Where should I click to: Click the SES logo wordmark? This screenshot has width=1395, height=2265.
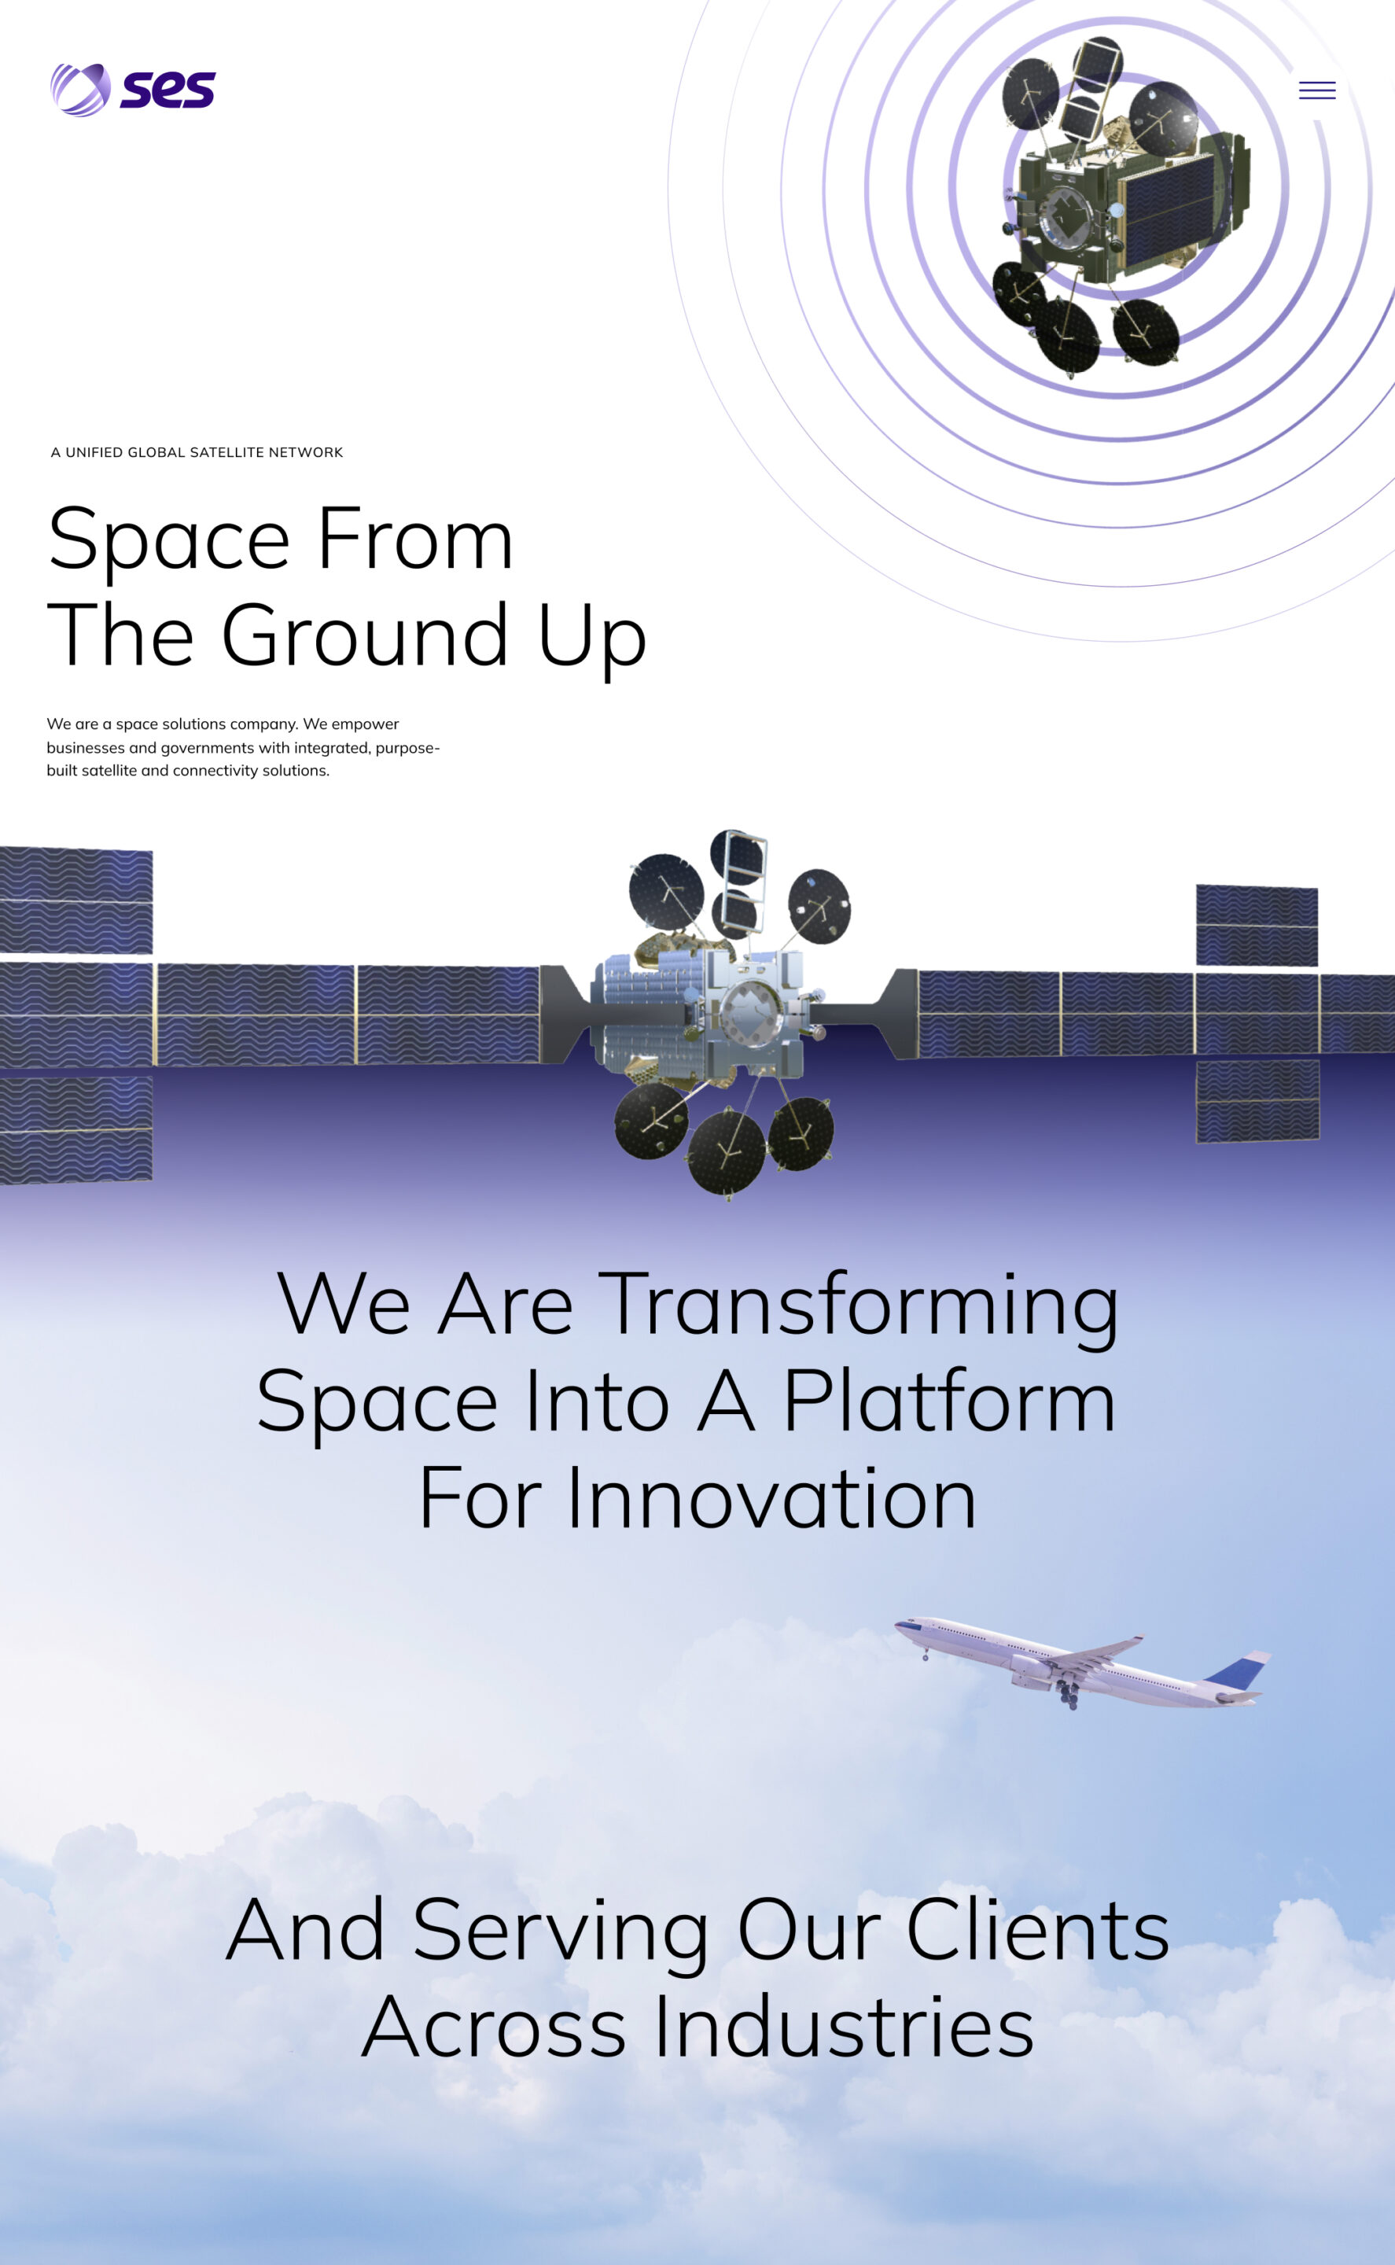168,90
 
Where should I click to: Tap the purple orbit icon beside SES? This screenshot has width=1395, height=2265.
80,90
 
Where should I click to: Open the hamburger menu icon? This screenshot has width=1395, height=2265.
1316,90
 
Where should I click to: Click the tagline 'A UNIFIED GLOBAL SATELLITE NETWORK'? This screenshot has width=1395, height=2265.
197,452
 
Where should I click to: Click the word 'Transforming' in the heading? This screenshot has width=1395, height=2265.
859,1306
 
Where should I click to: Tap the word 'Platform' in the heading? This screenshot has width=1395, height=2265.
949,1401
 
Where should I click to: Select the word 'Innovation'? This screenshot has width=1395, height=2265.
771,1498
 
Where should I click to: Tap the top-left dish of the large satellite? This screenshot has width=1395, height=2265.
666,892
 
